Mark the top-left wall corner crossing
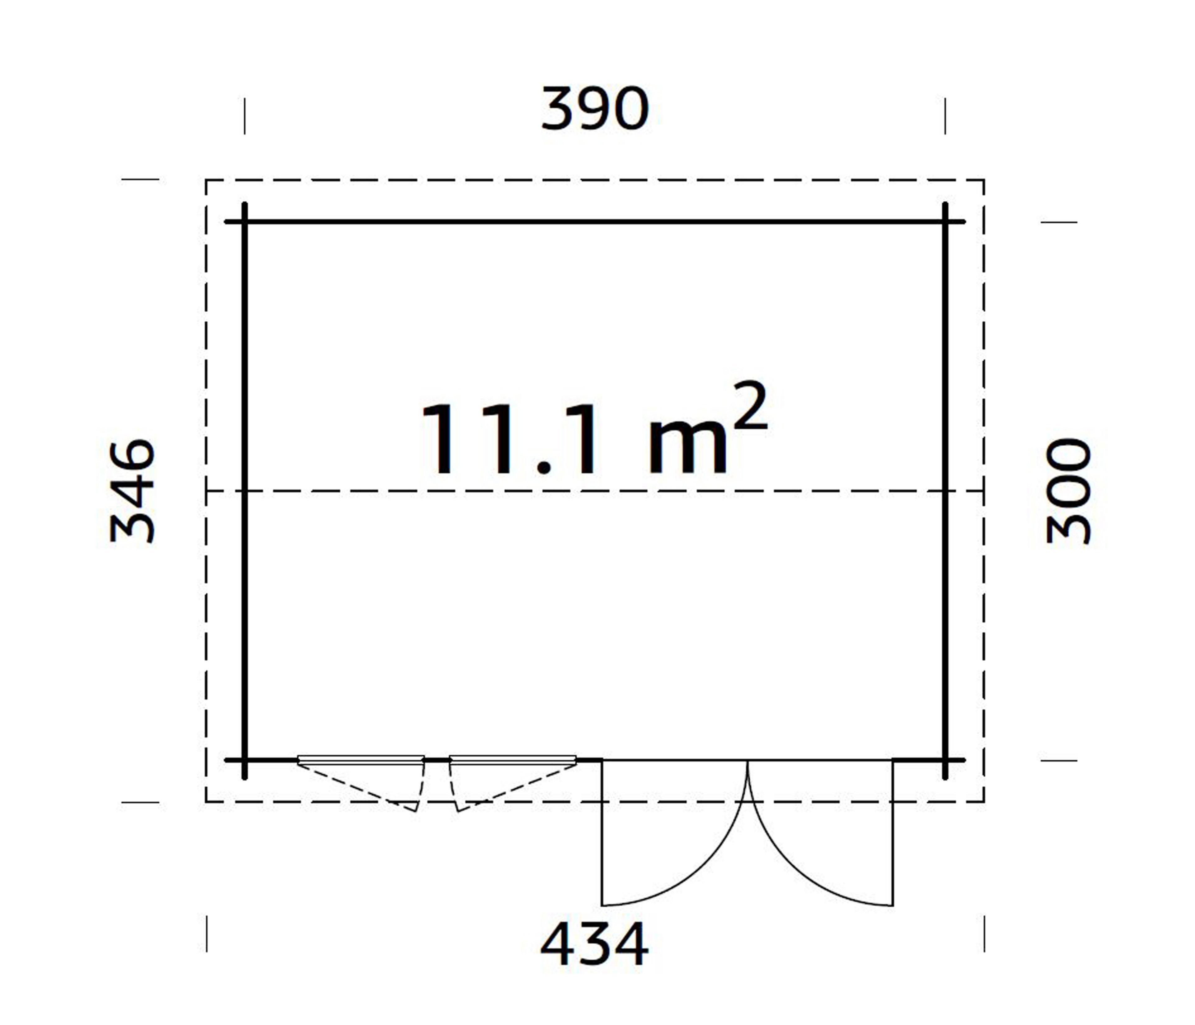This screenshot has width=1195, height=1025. pyautogui.click(x=245, y=222)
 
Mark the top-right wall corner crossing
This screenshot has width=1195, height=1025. pyautogui.click(x=945, y=222)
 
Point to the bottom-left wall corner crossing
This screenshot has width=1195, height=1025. pyautogui.click(x=245, y=761)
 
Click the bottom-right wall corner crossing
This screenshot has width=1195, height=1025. pyautogui.click(x=945, y=761)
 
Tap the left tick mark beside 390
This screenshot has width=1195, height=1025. pyautogui.click(x=245, y=116)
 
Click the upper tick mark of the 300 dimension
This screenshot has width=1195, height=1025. pyautogui.click(x=1059, y=222)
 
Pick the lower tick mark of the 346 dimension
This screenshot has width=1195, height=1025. pyautogui.click(x=140, y=802)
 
